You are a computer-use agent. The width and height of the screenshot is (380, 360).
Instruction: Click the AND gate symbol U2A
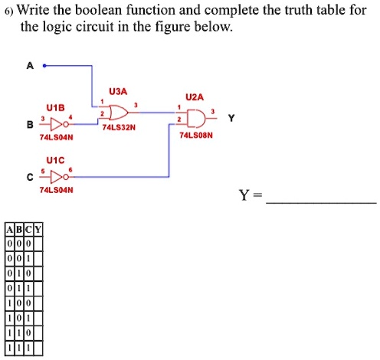[x=195, y=119]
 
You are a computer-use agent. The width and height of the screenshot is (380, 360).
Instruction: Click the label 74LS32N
[x=119, y=128]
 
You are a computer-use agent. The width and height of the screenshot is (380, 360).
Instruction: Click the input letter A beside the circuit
[x=31, y=66]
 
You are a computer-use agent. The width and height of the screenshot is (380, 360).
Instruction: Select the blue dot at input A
[x=44, y=67]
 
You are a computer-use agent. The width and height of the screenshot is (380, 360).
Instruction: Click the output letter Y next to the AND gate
[x=231, y=119]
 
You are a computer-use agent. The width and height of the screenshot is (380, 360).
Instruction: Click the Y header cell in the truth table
[x=37, y=228]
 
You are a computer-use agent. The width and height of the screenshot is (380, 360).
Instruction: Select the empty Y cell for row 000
[x=37, y=242]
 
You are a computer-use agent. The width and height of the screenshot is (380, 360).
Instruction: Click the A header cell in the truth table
[x=8, y=228]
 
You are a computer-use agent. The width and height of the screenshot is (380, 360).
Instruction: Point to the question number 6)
[x=8, y=11]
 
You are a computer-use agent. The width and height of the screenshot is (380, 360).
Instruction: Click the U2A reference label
[x=195, y=97]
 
